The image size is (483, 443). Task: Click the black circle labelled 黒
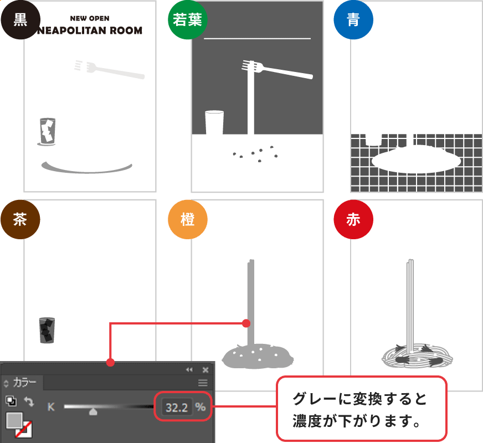click(x=20, y=20)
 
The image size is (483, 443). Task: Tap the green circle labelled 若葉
click(x=188, y=20)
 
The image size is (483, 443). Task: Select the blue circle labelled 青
click(x=353, y=20)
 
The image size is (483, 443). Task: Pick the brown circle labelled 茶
click(x=20, y=219)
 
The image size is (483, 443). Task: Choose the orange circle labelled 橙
click(x=188, y=219)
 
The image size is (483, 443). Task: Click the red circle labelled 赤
click(x=353, y=219)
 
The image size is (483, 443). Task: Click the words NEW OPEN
click(x=90, y=18)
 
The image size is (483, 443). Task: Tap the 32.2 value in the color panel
click(x=177, y=408)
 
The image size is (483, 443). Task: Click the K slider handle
click(x=93, y=411)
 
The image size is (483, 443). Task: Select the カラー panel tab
click(x=24, y=383)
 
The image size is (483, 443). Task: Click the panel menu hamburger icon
click(x=203, y=383)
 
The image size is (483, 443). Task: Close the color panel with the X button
click(x=205, y=370)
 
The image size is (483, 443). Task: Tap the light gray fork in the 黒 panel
click(x=109, y=69)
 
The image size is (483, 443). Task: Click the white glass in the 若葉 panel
click(x=214, y=122)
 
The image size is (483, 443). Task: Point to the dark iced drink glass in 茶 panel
click(x=47, y=330)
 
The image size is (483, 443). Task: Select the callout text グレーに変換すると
click(x=359, y=399)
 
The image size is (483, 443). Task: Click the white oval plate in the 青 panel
click(x=416, y=160)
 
